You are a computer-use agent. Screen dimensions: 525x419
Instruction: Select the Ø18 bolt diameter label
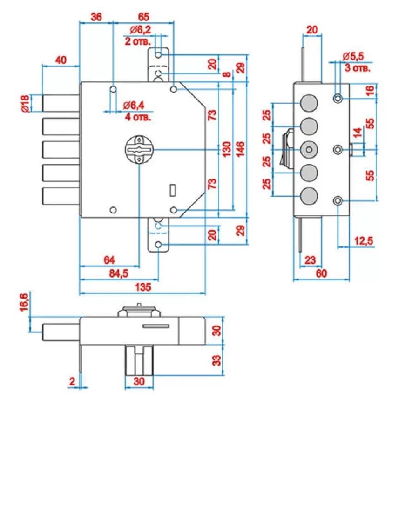26,103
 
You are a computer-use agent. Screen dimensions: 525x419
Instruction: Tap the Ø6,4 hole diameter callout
134,106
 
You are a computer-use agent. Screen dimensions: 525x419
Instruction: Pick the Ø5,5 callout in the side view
353,56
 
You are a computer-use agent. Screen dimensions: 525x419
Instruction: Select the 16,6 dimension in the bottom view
26,304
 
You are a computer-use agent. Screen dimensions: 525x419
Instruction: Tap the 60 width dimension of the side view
321,273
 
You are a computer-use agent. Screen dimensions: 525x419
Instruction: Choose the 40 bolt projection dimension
61,60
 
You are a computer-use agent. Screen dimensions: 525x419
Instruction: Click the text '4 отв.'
138,117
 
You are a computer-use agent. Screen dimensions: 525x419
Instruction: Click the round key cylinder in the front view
139,149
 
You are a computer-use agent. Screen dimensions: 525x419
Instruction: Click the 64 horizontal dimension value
109,259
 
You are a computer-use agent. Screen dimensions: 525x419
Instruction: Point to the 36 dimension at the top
96,17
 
